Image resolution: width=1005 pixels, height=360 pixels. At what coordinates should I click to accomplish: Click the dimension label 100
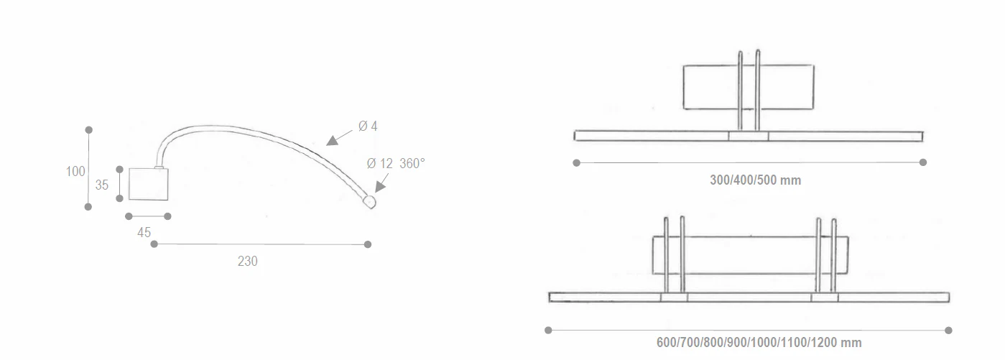tap(75, 172)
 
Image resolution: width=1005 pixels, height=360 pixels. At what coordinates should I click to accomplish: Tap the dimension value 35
tap(102, 185)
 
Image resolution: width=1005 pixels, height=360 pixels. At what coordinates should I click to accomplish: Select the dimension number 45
tap(144, 233)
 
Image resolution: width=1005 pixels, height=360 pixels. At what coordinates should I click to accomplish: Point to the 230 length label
tap(248, 262)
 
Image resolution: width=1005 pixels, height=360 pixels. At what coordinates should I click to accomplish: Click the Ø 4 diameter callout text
tap(368, 126)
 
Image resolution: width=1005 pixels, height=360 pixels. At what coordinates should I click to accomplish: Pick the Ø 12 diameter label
tap(379, 163)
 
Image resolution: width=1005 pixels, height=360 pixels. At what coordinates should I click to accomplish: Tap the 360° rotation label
tap(412, 163)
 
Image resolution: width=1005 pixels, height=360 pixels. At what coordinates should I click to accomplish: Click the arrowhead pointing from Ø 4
tap(333, 141)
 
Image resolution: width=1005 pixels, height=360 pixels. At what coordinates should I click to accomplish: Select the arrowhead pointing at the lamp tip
tap(381, 186)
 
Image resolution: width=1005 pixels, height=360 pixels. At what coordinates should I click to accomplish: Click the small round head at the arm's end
tap(369, 202)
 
